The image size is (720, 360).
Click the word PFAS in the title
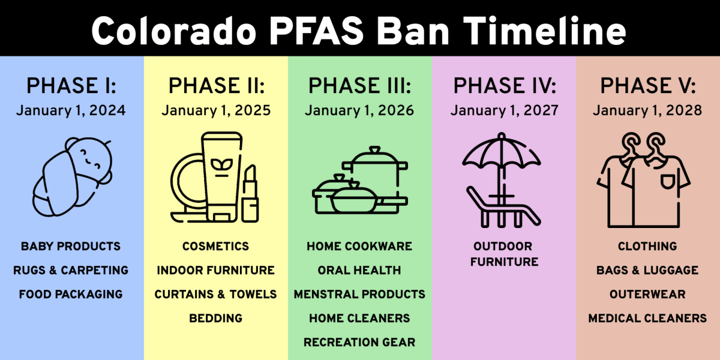(316, 32)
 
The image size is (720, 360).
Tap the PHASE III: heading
(359, 86)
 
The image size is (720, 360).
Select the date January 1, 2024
(71, 111)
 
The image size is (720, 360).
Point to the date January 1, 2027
(504, 111)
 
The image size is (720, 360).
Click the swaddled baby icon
(72, 177)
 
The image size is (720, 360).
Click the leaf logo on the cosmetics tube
(221, 164)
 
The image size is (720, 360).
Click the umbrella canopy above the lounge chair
(502, 151)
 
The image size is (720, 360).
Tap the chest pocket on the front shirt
(667, 182)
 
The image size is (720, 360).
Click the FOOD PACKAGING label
(71, 295)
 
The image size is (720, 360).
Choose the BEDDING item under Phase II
(215, 319)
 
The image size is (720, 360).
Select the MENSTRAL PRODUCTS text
(359, 295)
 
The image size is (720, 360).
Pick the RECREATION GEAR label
(359, 343)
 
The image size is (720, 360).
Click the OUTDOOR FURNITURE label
(503, 254)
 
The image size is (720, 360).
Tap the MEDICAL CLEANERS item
(647, 319)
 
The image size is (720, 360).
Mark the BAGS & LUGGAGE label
(647, 271)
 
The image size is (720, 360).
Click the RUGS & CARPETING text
(71, 271)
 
